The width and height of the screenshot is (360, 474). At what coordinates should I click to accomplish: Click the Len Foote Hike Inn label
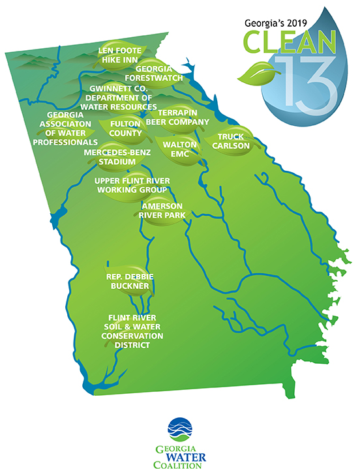117,54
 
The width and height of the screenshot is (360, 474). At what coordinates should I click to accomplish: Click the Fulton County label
126,128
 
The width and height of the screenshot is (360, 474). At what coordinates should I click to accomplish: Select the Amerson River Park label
160,210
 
